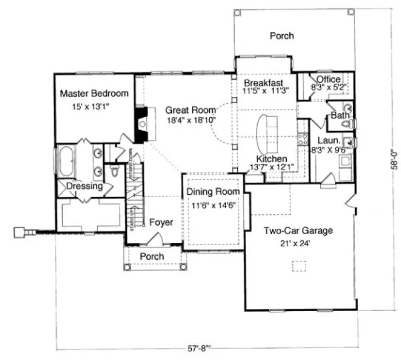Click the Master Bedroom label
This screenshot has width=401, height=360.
pos(94,93)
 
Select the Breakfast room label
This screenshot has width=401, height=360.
pos(263,82)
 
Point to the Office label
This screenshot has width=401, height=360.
pos(328,80)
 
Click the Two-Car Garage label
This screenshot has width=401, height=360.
pos(298,230)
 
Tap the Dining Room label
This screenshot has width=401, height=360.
pos(212,192)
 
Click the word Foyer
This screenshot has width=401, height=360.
pos(161,222)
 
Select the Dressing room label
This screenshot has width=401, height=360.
pos(85,186)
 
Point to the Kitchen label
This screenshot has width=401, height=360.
pos(271,159)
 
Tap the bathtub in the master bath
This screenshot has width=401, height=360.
pos(66,162)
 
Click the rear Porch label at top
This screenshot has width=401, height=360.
pos(282,36)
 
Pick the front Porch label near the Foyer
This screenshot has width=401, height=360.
pos(152,256)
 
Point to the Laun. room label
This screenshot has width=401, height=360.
pos(328,139)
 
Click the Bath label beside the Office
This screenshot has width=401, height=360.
pos(339,115)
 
